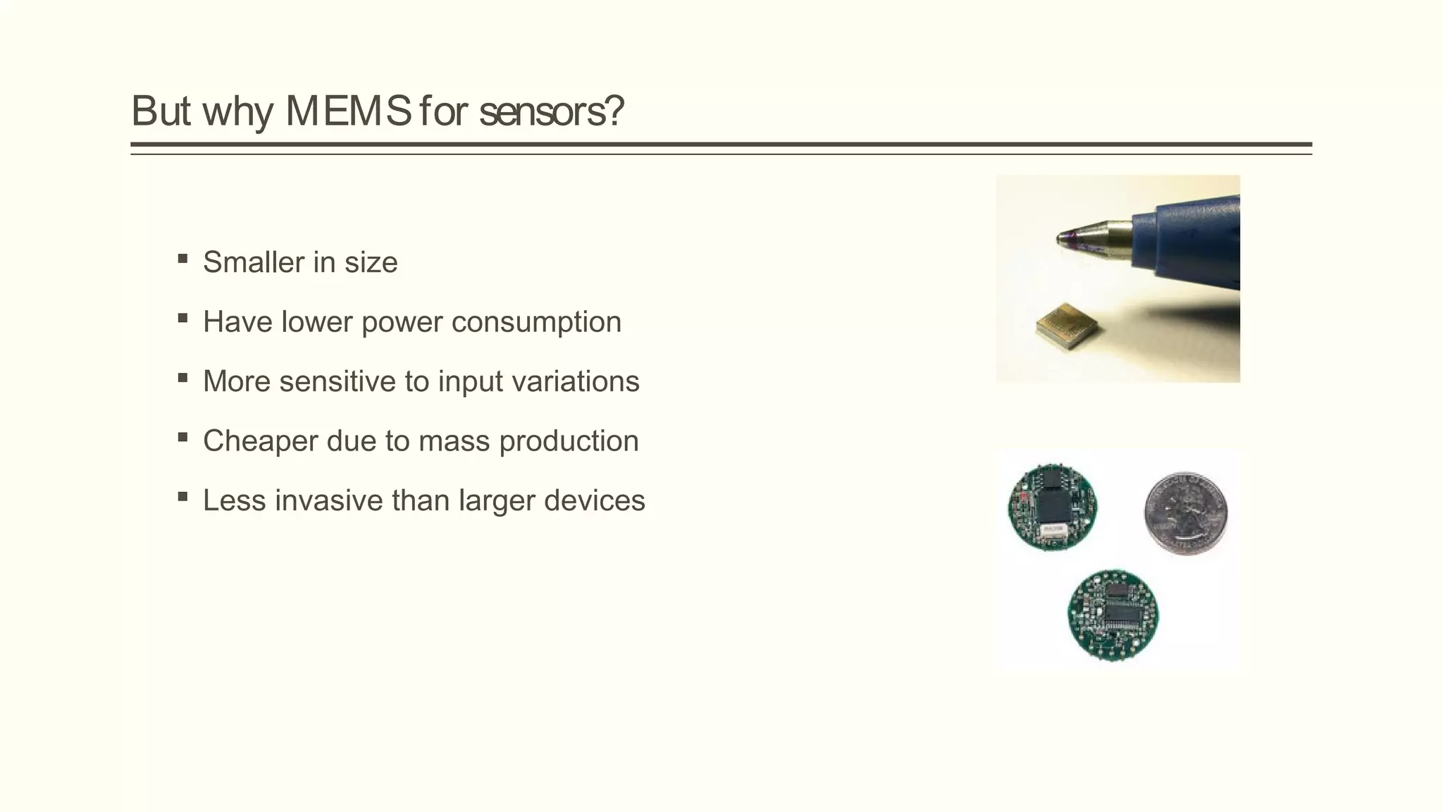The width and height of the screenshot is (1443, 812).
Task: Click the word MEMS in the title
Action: click(348, 111)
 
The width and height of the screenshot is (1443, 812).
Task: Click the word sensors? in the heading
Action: click(551, 111)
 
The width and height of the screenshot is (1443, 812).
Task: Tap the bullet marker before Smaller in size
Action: click(183, 259)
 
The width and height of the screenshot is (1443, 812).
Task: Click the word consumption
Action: click(536, 322)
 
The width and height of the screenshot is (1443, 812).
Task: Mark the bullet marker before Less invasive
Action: click(183, 497)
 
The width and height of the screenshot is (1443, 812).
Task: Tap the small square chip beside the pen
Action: click(1067, 325)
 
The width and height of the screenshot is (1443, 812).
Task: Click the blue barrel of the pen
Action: click(1191, 240)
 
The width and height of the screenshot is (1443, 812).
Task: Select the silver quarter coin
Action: click(1185, 512)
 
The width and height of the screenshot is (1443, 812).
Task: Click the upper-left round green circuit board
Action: click(1052, 507)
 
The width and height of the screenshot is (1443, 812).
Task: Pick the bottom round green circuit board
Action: click(1113, 615)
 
